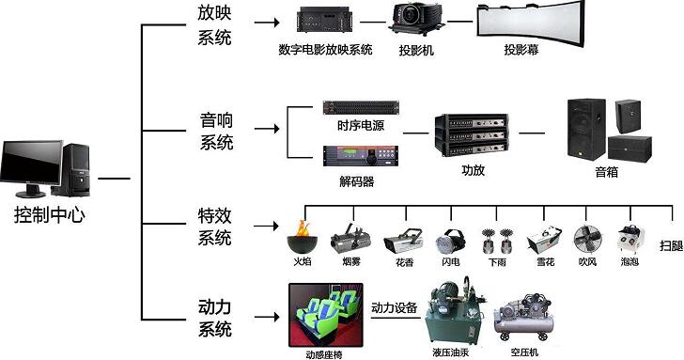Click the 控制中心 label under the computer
49,214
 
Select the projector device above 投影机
416,19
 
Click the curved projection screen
531,22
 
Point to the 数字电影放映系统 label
325,49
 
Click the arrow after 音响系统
267,129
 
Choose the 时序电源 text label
361,126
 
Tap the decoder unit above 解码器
361,156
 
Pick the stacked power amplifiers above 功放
472,135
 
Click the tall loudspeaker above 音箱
586,129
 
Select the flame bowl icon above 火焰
303,237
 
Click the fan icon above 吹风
587,239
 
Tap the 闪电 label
451,262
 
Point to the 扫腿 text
671,245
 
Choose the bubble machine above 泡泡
630,239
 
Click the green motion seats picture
326,315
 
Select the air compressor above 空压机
524,318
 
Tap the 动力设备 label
395,308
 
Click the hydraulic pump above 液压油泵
455,311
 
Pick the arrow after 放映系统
267,22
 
